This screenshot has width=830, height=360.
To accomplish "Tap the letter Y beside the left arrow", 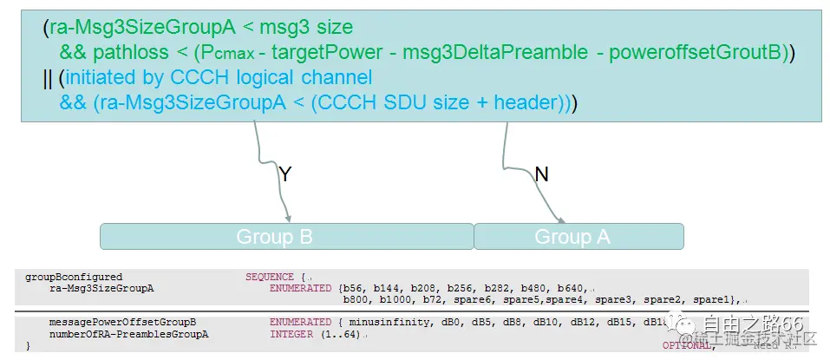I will tap(285, 174).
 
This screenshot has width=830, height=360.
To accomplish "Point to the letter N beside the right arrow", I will tap(541, 174).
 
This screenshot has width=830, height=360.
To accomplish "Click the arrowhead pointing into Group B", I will tap(287, 218).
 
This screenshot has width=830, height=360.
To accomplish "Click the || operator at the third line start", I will tap(48, 78).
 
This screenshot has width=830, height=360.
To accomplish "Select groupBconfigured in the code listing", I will tap(74, 277).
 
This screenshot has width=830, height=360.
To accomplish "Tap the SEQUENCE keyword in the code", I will tap(270, 277).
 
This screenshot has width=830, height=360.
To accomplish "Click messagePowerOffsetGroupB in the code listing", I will tap(122, 322).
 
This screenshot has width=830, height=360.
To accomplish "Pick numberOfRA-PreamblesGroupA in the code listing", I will tap(129, 334).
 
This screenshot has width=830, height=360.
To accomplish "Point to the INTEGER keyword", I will tap(291, 334).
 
